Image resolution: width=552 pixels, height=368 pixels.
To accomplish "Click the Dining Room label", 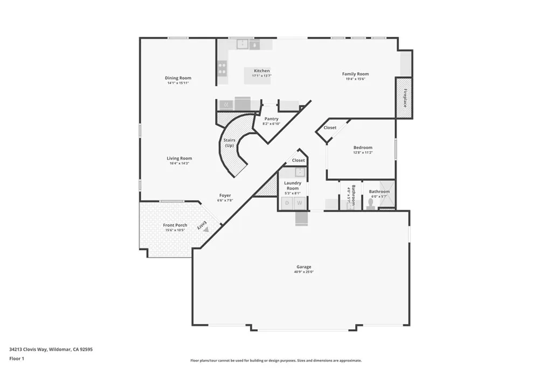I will tap(178, 78).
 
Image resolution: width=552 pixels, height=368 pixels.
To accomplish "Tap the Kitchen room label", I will tap(261, 71).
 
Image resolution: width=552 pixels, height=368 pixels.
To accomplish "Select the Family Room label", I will tap(355, 74).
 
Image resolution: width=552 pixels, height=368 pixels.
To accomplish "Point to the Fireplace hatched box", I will tap(404, 98).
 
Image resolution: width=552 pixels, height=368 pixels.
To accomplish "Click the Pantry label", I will tap(271, 119).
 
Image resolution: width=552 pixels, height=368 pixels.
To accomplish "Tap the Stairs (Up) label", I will tap(229, 143).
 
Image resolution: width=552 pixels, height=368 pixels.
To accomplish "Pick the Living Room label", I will tap(179, 158).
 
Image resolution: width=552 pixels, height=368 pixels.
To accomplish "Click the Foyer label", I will tap(225, 195).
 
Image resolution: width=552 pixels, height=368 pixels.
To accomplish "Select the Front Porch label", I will tap(175, 225).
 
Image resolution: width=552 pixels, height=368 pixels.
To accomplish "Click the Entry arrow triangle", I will tap(206, 229).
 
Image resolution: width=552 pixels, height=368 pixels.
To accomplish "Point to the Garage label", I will tap(303, 267).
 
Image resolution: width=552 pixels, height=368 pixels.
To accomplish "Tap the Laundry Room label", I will tap(292, 185).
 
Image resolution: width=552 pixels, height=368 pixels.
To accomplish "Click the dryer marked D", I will tap(287, 203).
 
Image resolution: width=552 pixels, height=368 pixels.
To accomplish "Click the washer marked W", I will tap(299, 203).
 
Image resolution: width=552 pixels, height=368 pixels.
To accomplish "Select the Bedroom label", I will tap(363, 148).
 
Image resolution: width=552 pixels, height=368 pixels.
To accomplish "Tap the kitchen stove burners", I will tap(222, 68).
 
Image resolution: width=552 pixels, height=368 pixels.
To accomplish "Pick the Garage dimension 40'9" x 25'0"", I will tap(303, 272).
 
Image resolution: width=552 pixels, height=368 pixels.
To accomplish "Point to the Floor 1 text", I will tap(17, 358).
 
